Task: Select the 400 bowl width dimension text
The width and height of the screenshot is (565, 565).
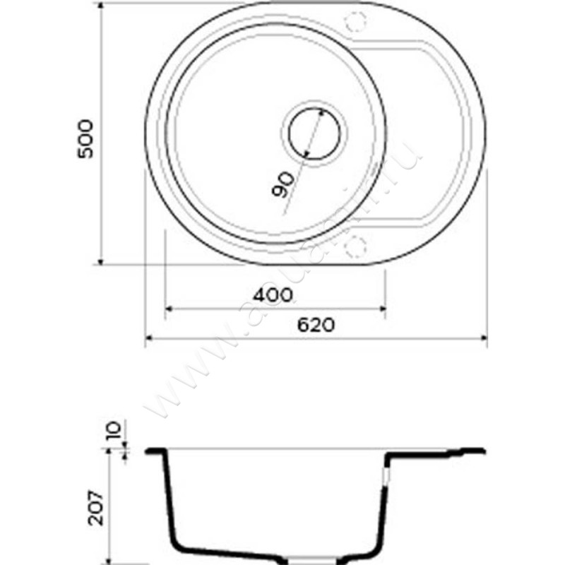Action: point(274,295)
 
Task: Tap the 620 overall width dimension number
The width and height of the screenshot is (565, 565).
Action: point(315,326)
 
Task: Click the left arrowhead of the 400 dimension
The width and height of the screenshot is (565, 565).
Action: point(168,309)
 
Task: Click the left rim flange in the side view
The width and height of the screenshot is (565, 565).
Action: point(155,451)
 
